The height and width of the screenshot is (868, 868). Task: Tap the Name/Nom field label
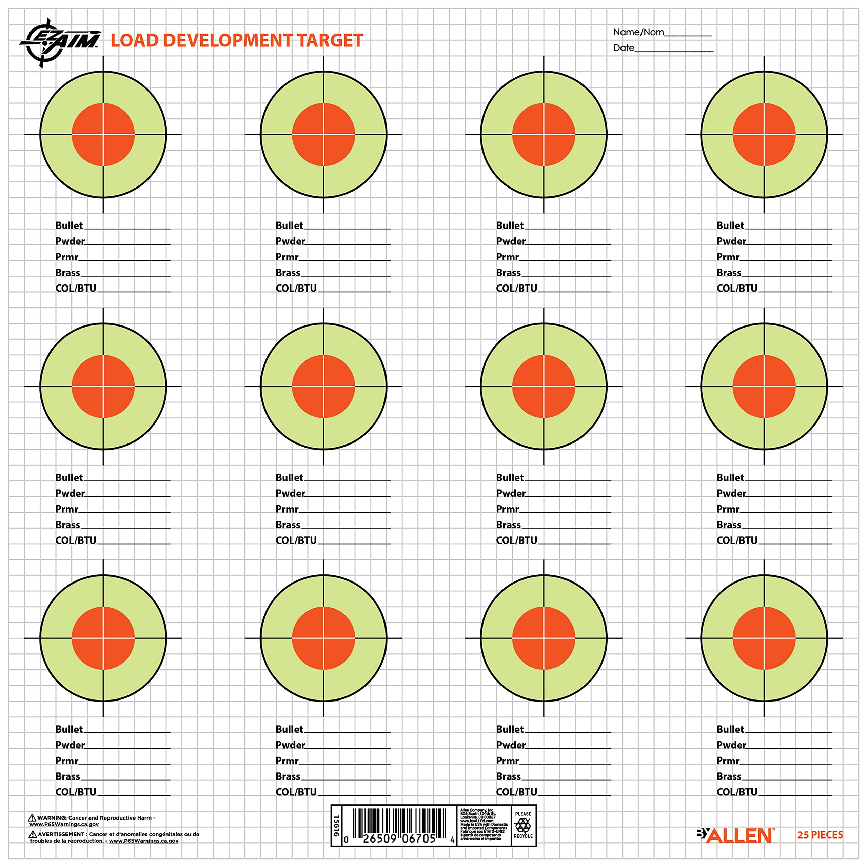point(638,32)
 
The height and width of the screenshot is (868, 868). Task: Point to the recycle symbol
point(523,825)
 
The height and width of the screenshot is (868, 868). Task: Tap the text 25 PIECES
point(820,835)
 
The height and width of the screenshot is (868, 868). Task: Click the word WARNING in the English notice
point(52,818)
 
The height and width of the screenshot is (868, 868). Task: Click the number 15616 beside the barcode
point(336,826)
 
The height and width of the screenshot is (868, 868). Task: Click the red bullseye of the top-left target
point(103,134)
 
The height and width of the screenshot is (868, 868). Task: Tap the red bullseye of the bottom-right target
point(764,638)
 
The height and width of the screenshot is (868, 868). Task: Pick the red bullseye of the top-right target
point(764,134)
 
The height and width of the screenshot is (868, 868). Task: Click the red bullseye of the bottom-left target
point(103,638)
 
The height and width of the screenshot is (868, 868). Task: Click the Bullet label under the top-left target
point(69,225)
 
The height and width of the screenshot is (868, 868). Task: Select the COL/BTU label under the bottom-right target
point(737,792)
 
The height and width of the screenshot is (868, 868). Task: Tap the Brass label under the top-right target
point(729,273)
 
